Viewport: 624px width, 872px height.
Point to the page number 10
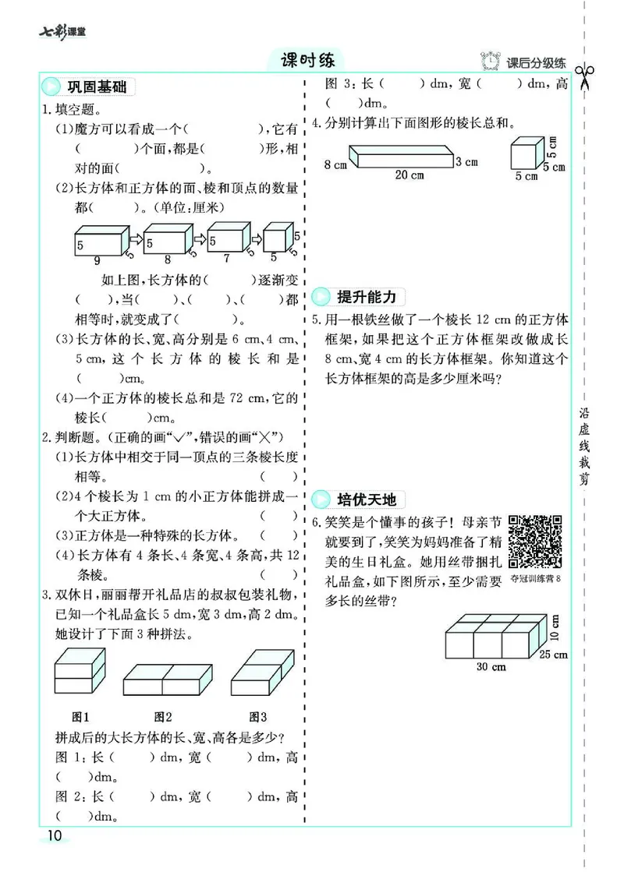tap(55, 835)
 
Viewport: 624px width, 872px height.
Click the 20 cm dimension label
tap(409, 175)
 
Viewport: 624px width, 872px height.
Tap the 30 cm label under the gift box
tap(491, 666)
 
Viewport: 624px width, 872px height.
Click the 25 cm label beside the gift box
tap(555, 654)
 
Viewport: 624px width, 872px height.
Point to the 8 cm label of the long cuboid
tap(335, 164)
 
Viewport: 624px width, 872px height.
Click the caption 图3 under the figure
tap(258, 716)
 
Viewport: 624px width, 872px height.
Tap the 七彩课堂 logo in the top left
tap(62, 32)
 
